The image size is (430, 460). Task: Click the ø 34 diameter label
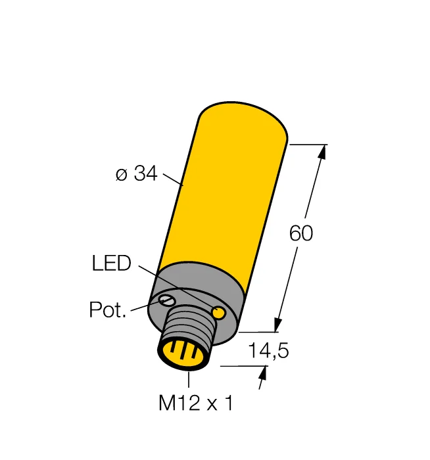pyautogui.click(x=136, y=174)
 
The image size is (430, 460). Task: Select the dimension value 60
pyautogui.click(x=301, y=233)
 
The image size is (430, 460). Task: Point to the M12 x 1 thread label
pyautogui.click(x=195, y=403)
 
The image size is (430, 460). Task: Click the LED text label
pyautogui.click(x=111, y=264)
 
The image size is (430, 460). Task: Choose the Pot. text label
pyautogui.click(x=107, y=310)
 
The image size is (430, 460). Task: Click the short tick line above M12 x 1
pyautogui.click(x=189, y=379)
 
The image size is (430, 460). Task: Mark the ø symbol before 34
pyautogui.click(x=120, y=175)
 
